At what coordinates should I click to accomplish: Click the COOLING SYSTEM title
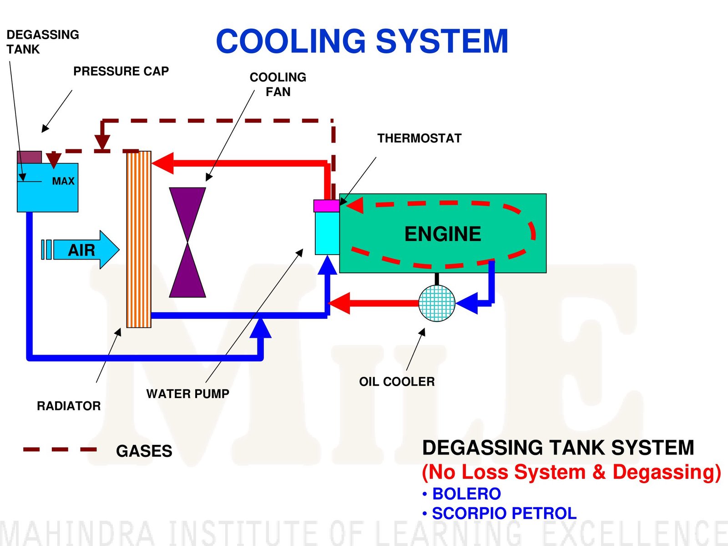click(362, 41)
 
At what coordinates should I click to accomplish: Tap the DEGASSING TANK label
click(42, 42)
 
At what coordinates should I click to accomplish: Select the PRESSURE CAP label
click(121, 71)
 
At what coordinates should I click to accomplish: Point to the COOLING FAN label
click(278, 84)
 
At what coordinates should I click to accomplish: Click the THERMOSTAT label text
click(419, 138)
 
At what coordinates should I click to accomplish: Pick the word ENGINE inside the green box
click(442, 234)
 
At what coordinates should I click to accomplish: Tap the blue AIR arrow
click(84, 250)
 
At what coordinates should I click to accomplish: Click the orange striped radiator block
click(139, 239)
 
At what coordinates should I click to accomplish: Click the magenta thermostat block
click(326, 206)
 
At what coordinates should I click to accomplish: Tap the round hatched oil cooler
click(437, 303)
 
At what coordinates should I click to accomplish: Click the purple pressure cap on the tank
click(29, 157)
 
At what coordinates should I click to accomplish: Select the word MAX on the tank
click(63, 181)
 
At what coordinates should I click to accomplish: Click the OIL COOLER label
click(397, 382)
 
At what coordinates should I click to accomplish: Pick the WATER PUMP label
click(187, 393)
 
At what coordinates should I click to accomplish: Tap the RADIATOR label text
click(69, 406)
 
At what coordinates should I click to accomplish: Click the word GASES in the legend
click(144, 451)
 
